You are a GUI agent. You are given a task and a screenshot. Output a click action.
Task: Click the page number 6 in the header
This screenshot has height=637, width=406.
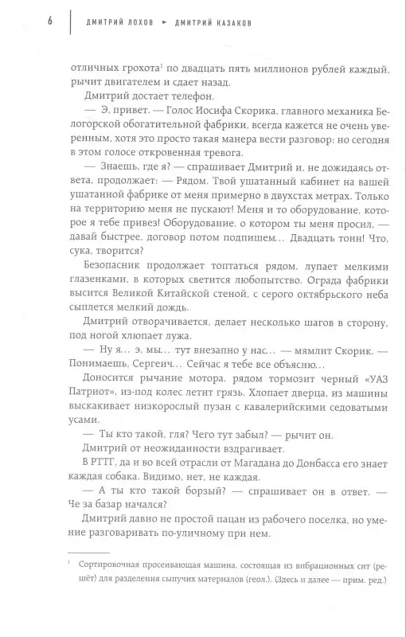coord(50,21)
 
